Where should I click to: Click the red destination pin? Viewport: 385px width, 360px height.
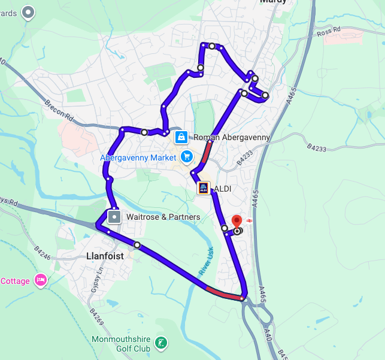[x=237, y=221]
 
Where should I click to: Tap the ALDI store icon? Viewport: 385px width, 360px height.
[x=204, y=189]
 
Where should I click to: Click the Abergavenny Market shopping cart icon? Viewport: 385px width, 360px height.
[x=187, y=157]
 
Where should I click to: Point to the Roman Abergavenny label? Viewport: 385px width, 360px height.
[x=232, y=137]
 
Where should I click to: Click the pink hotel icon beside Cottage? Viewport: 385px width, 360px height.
[x=40, y=280]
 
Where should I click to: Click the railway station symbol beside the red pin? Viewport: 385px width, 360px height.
[x=248, y=220]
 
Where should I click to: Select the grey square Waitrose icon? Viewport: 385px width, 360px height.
[x=114, y=216]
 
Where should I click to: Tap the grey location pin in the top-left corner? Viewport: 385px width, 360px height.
[x=28, y=11]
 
